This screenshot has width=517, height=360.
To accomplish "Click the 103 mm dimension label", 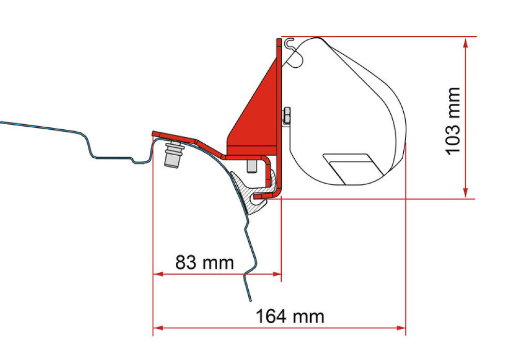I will pyautogui.click(x=453, y=121).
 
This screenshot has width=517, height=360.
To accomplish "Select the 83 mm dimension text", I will pyautogui.click(x=204, y=263).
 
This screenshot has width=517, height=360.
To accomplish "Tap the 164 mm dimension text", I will pyautogui.click(x=290, y=316).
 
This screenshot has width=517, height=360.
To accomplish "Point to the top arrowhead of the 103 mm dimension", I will pyautogui.click(x=466, y=42).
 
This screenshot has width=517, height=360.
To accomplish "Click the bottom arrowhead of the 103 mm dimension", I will pyautogui.click(x=466, y=193).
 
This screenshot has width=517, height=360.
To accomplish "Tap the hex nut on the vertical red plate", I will pyautogui.click(x=286, y=116).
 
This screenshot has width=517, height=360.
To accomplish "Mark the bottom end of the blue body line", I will pyautogui.click(x=251, y=299).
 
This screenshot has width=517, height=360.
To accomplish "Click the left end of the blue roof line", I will pyautogui.click(x=2, y=123).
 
